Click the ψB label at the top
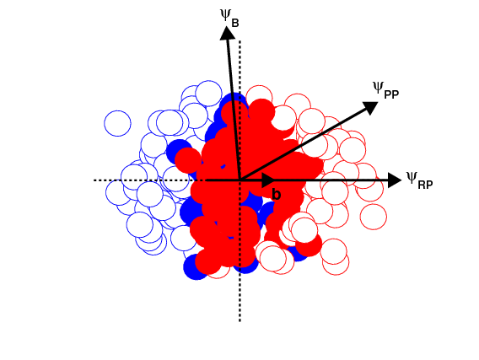click(229, 18)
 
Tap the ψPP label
click(386, 90)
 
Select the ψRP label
click(419, 180)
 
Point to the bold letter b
click(276, 195)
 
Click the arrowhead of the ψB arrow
click(228, 33)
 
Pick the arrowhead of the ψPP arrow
click(370, 108)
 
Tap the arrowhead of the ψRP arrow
click(395, 180)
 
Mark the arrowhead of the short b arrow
click(268, 180)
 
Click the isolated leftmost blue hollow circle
click(117, 123)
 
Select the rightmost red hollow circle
click(374, 217)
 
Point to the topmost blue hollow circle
click(208, 94)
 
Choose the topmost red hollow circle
click(259, 99)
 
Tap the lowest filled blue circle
click(196, 266)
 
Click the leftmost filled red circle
click(188, 160)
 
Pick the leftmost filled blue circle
click(179, 152)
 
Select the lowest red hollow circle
click(336, 262)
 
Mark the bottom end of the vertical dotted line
click(239, 320)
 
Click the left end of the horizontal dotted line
click(94, 180)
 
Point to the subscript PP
click(391, 94)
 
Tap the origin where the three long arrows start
click(240, 180)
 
